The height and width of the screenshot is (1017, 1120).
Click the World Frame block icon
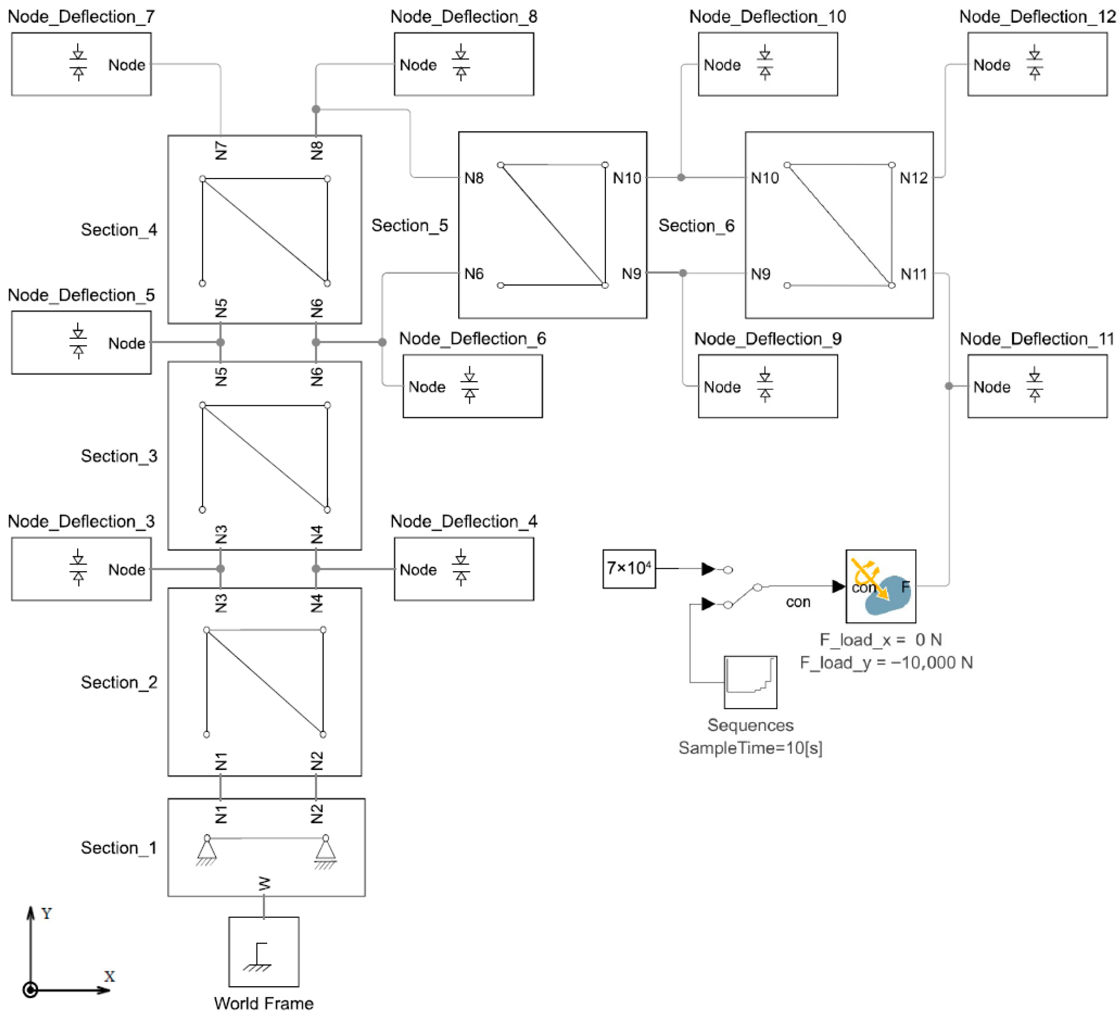[x=264, y=951]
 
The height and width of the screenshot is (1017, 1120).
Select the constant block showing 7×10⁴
[x=629, y=568]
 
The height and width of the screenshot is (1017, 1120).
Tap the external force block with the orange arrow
[x=881, y=586]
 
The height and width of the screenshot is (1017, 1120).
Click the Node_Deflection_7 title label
[x=81, y=17]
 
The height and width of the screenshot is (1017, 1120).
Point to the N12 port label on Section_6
[x=914, y=178]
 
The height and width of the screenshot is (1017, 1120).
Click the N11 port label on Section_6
[x=914, y=274]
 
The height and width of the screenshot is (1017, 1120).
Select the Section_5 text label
[x=410, y=225]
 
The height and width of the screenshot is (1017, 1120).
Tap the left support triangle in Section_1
[x=206, y=850]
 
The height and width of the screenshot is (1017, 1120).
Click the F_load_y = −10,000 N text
[x=886, y=662]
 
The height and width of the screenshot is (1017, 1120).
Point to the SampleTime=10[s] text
[x=750, y=747]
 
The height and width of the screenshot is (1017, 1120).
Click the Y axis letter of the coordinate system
[x=47, y=914]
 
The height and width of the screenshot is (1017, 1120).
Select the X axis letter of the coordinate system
[x=109, y=976]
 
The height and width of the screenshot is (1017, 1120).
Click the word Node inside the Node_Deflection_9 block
[x=722, y=387]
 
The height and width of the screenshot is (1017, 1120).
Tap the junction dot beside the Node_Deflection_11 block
[x=949, y=385]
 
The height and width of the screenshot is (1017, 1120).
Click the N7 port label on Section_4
[x=221, y=151]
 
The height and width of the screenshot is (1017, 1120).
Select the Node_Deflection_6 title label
[x=472, y=339]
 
